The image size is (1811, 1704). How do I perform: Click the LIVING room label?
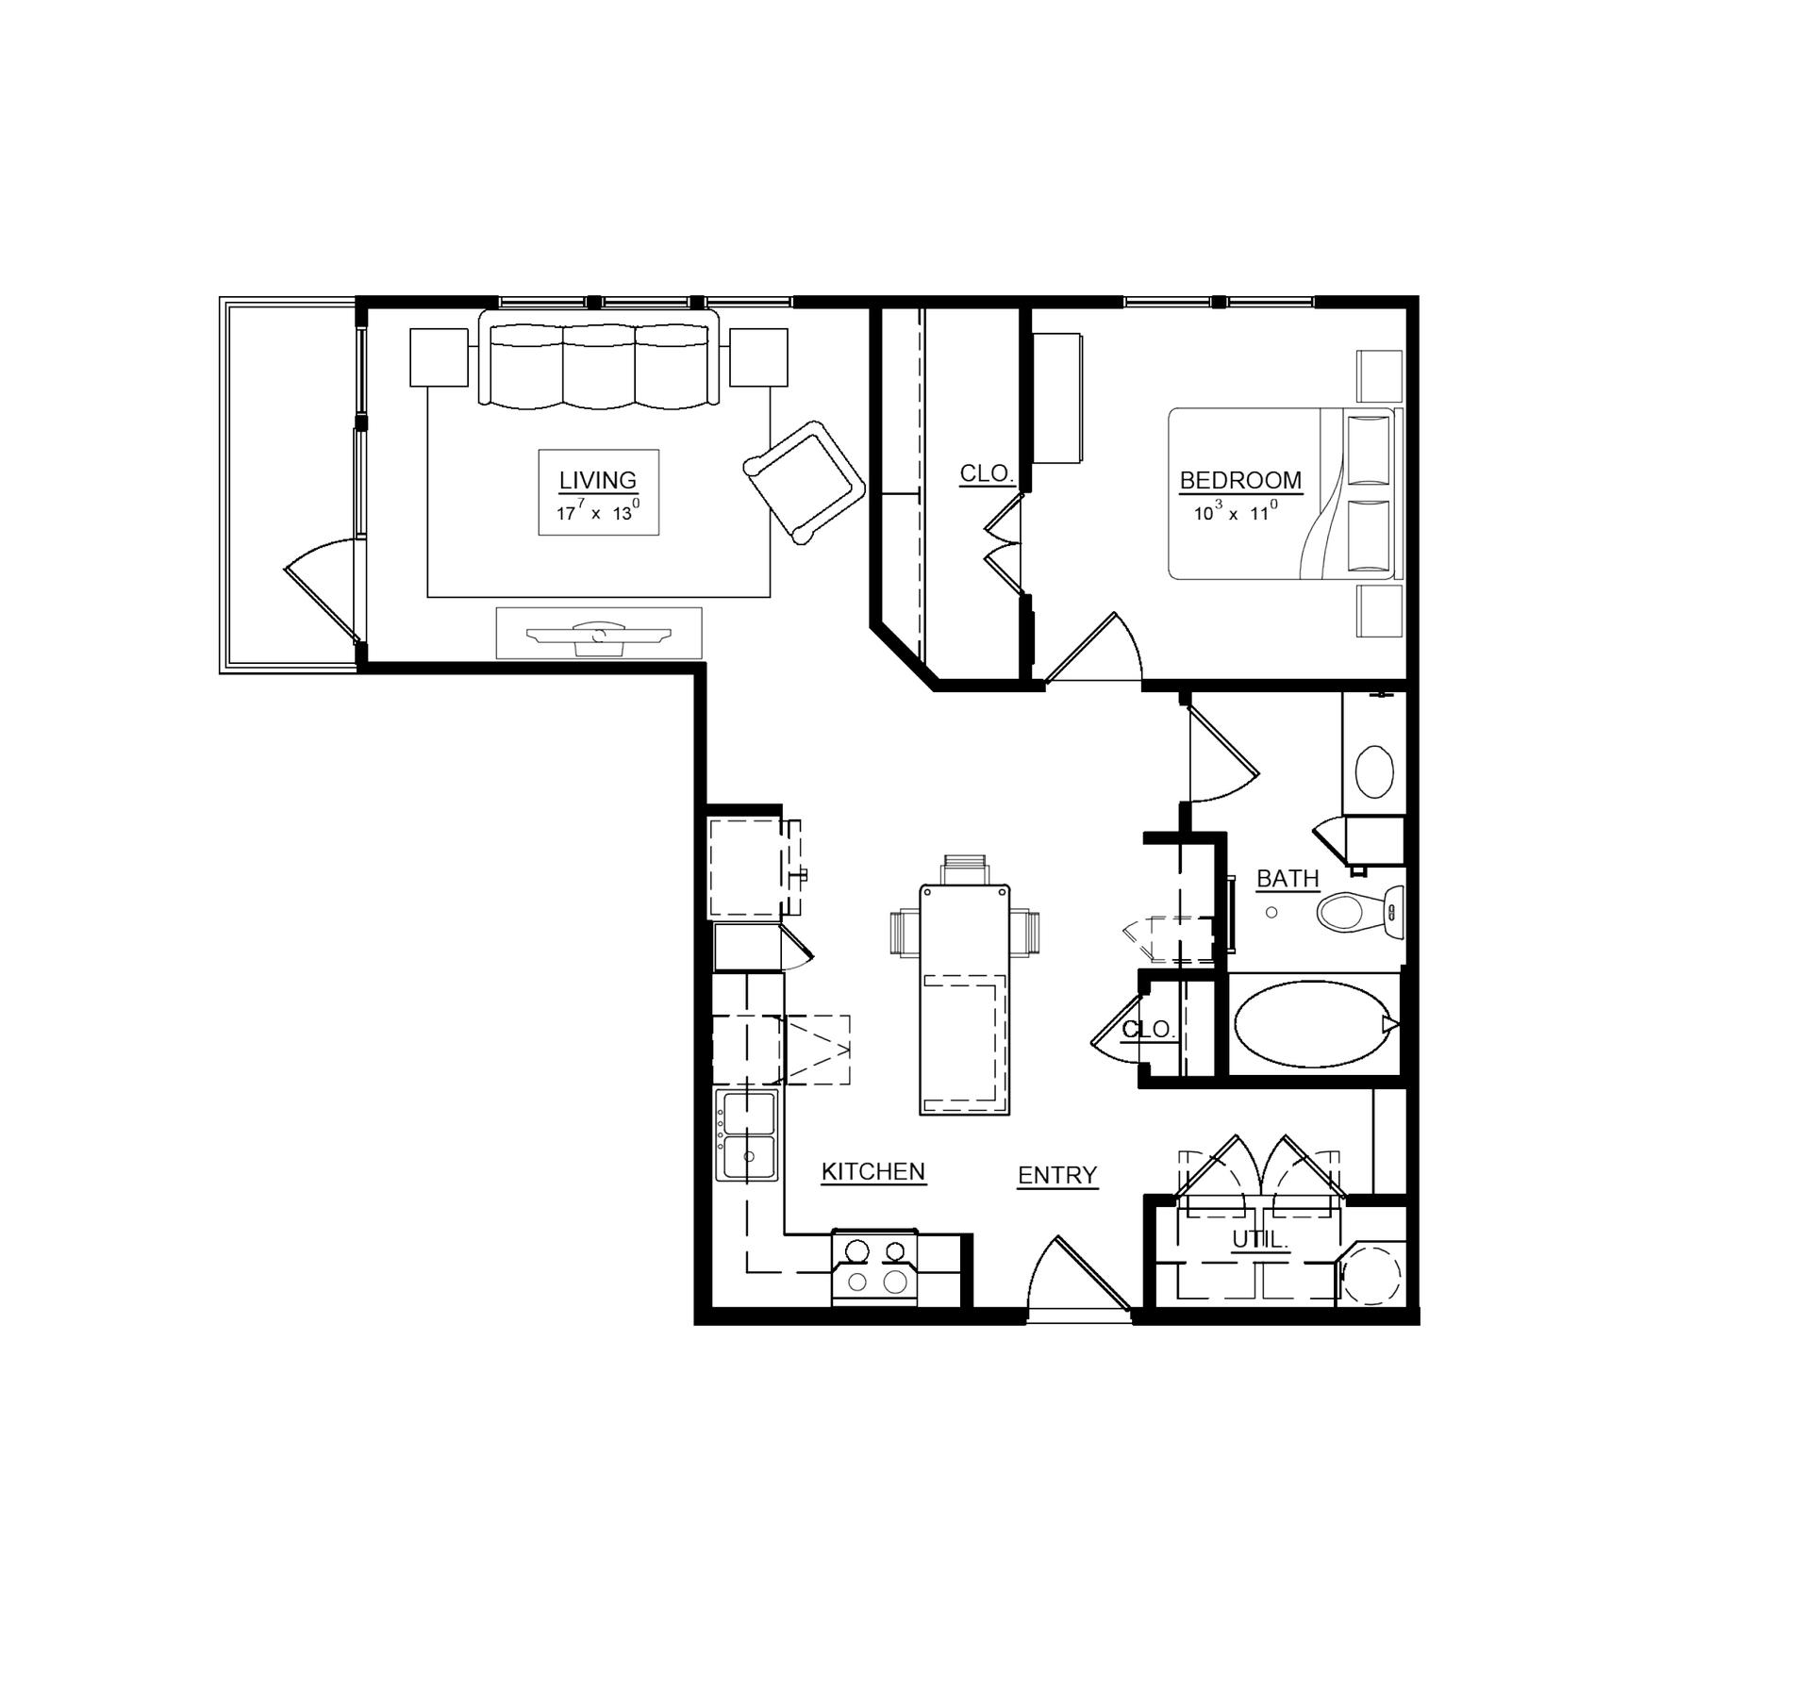pos(598,480)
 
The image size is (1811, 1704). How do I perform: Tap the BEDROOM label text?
pos(1240,480)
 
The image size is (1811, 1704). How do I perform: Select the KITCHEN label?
pos(873,1171)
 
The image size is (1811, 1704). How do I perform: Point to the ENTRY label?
pos(1057,1175)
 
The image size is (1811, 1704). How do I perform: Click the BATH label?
pos(1288,879)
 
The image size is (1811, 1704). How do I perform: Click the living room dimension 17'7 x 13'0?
pos(598,512)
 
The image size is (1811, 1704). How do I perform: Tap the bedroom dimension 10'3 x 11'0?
pos(1236,512)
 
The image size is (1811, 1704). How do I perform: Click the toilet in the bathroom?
pos(1359,912)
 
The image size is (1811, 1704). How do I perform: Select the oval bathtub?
pos(1314,1024)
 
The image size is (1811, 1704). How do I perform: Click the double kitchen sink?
pos(748,1136)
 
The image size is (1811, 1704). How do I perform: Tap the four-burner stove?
pos(874,1266)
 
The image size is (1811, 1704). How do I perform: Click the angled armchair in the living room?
pos(805,482)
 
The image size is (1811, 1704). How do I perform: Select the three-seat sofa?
pos(599,360)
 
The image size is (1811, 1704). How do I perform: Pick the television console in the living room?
pos(599,633)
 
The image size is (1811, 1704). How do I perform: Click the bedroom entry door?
pos(1093,647)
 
